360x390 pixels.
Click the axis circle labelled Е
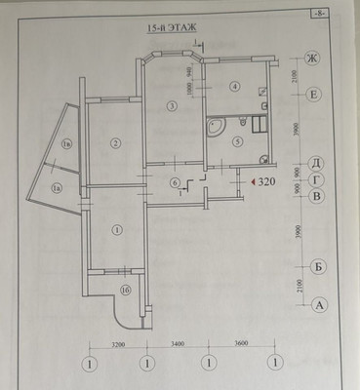tap(314, 95)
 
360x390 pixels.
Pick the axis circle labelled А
tap(317, 304)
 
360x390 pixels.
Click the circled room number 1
tap(117, 230)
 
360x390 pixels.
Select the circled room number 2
tap(115, 144)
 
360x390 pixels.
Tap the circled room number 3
tap(171, 105)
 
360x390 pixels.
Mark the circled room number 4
tap(234, 87)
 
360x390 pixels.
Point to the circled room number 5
tap(236, 140)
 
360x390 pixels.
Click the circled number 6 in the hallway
tap(175, 182)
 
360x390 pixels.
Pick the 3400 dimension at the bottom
tap(177, 344)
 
